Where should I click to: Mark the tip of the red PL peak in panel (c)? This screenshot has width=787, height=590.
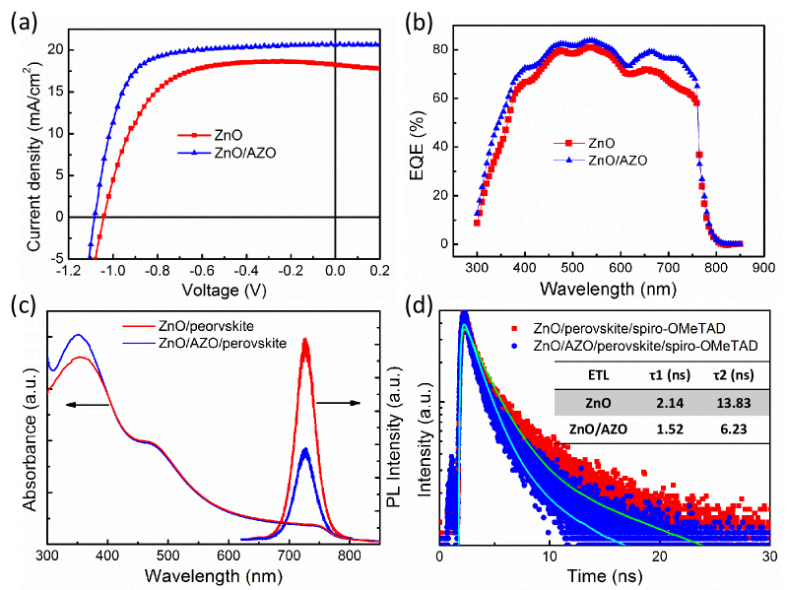coord(305,340)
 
